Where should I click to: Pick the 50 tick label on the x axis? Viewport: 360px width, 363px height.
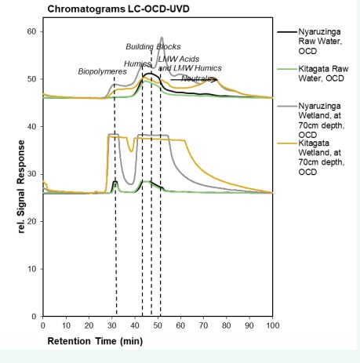[x=158, y=324]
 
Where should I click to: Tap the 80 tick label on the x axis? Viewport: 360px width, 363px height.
[x=227, y=324]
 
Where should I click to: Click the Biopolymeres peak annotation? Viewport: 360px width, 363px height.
[x=102, y=71]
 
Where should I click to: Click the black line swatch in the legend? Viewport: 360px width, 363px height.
[x=285, y=31]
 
